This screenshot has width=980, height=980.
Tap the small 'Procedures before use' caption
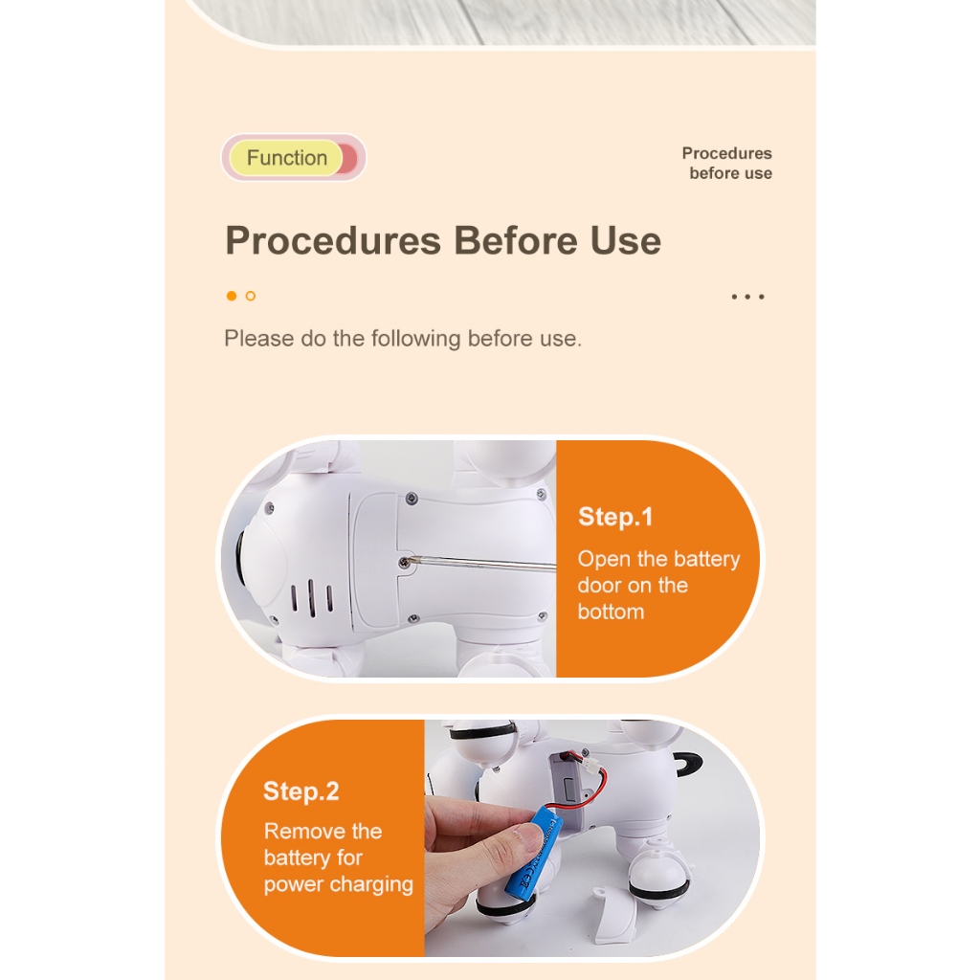(727, 163)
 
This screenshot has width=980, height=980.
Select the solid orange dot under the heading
(232, 296)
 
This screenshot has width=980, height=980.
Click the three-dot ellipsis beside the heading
(747, 297)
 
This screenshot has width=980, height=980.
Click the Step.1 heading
(615, 517)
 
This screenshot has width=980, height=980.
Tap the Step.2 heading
(301, 791)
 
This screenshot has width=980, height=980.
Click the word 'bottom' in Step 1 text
(611, 612)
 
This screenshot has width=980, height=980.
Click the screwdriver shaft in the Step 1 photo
(482, 564)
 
